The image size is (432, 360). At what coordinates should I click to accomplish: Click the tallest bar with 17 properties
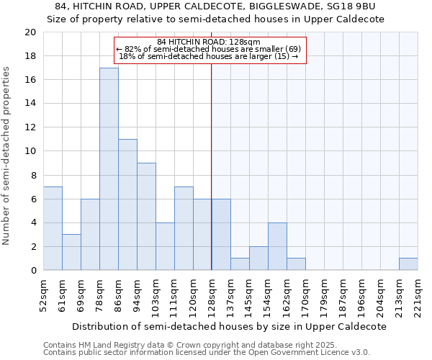(x=109, y=169)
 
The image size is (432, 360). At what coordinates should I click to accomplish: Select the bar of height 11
(x=127, y=204)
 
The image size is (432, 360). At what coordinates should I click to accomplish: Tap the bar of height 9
(x=146, y=217)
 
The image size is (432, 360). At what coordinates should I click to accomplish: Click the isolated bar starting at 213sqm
(x=408, y=264)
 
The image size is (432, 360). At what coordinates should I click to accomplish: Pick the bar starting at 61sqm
(x=71, y=252)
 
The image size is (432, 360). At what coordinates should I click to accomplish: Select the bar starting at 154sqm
(x=277, y=246)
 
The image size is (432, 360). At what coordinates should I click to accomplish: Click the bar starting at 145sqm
(x=258, y=258)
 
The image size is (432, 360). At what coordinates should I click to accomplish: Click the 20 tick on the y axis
(x=30, y=32)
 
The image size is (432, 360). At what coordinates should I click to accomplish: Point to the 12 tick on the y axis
(x=30, y=127)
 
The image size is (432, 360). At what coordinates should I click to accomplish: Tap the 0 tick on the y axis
(x=32, y=271)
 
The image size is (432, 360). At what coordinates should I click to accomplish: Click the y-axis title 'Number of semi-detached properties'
(x=7, y=156)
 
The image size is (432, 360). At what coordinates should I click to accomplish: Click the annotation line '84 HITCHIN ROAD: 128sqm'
(x=209, y=42)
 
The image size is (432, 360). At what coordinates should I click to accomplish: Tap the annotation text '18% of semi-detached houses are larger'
(x=209, y=56)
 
